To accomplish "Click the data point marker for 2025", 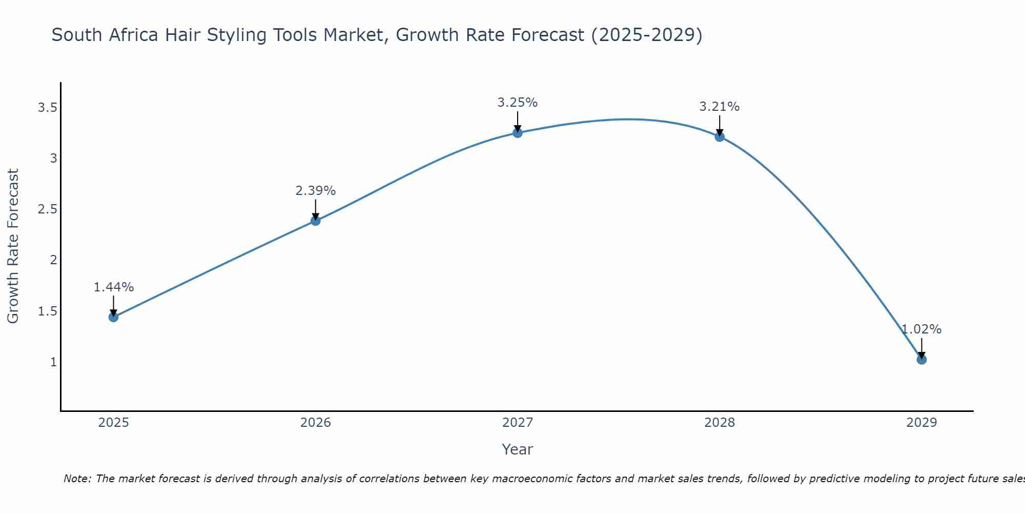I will [113, 317].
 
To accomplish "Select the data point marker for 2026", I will [316, 221].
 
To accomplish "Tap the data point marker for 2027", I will [518, 133].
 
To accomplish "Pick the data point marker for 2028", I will [720, 136].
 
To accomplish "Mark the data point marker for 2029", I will [921, 360].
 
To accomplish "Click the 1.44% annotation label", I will [113, 287].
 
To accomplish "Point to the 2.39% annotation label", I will [316, 191].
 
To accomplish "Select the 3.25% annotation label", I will [518, 103].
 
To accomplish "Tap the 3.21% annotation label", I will [720, 107].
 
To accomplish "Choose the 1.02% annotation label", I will [921, 329].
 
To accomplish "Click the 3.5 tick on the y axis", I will [47, 108].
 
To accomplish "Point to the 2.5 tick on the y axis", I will [47, 209].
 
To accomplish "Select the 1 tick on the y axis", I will [53, 362].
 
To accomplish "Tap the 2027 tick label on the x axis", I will [518, 423].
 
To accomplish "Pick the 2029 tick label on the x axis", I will [921, 423].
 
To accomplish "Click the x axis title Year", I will [518, 449].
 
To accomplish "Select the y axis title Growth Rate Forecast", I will [13, 246].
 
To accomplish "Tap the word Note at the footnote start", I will [77, 479].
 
